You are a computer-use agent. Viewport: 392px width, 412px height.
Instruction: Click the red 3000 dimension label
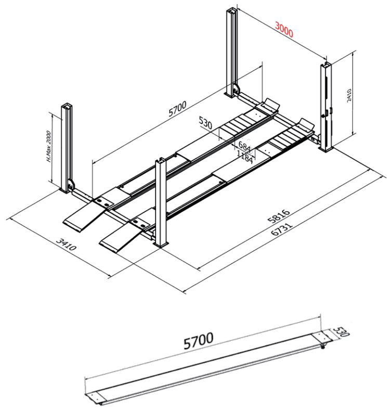point(284,31)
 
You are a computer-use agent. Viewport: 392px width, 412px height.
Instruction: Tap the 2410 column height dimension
point(349,95)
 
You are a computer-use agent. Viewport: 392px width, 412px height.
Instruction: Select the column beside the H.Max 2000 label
point(68,145)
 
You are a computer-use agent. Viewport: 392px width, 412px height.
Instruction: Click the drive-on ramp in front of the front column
point(121,236)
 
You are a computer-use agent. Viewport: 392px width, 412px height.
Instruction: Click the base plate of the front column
point(161,245)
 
